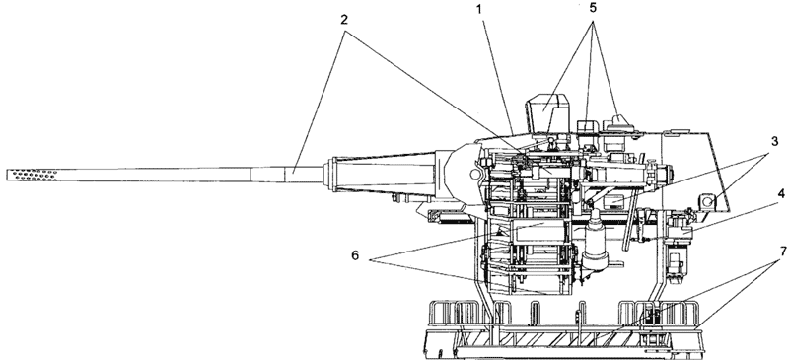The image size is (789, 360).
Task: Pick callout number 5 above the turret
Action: point(593,9)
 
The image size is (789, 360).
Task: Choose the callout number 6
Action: point(355,256)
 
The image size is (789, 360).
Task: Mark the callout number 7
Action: point(781,250)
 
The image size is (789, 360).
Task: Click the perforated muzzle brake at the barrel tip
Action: point(33,176)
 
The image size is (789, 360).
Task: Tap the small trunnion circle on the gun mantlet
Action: point(474,175)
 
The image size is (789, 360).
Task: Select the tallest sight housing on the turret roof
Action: point(547,112)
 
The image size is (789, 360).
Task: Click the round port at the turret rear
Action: point(707,202)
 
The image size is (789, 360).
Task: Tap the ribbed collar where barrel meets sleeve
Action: point(330,175)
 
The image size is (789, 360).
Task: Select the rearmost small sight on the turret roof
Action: point(619,124)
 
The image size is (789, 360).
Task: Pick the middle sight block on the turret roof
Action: point(587,127)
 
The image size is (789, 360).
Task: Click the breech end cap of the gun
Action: point(664,176)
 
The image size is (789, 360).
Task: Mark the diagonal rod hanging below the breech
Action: point(629,222)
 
